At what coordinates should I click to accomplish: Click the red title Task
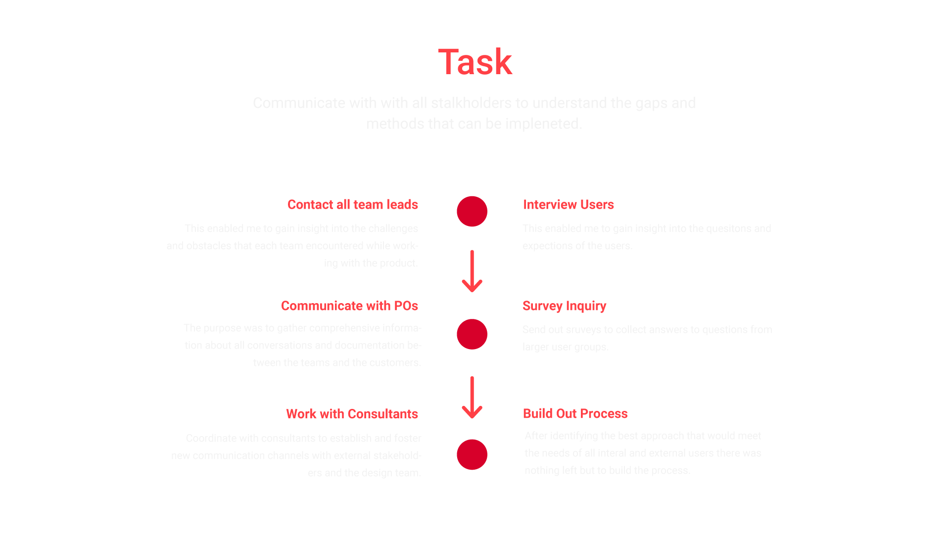[475, 62]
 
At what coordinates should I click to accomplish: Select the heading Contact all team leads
[352, 205]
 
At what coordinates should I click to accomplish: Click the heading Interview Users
[568, 205]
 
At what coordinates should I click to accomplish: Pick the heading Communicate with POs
[349, 306]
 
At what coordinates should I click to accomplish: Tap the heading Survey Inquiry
[564, 306]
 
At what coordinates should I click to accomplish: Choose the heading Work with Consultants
[352, 414]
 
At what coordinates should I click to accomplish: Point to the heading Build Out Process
[575, 414]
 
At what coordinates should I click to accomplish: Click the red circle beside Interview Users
[472, 212]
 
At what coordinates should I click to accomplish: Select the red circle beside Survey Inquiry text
[472, 334]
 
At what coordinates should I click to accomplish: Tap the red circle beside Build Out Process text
[472, 454]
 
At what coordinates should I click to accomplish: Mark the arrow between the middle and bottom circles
[472, 398]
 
